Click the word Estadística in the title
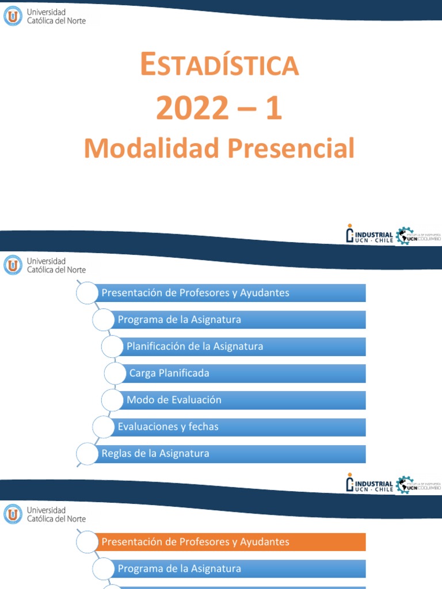[220, 65]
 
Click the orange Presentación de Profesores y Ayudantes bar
[230, 542]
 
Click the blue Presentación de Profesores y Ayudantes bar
[230, 293]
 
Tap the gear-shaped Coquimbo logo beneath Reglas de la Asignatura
[419, 484]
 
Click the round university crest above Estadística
[13, 16]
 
